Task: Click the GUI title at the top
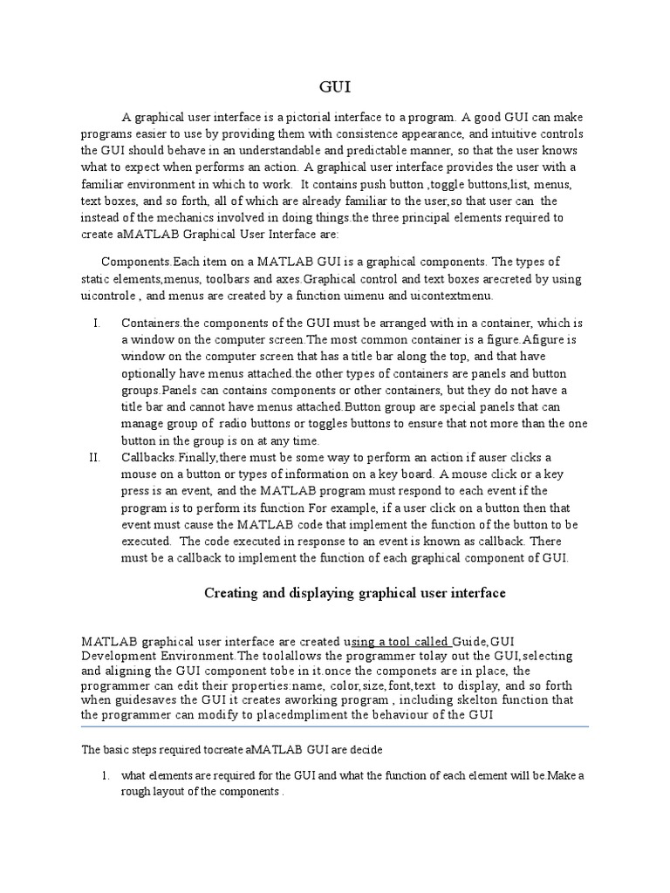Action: (335, 86)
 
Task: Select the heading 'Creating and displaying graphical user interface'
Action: (354, 593)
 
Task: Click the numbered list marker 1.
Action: (104, 776)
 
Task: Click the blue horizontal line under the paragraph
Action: (335, 726)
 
